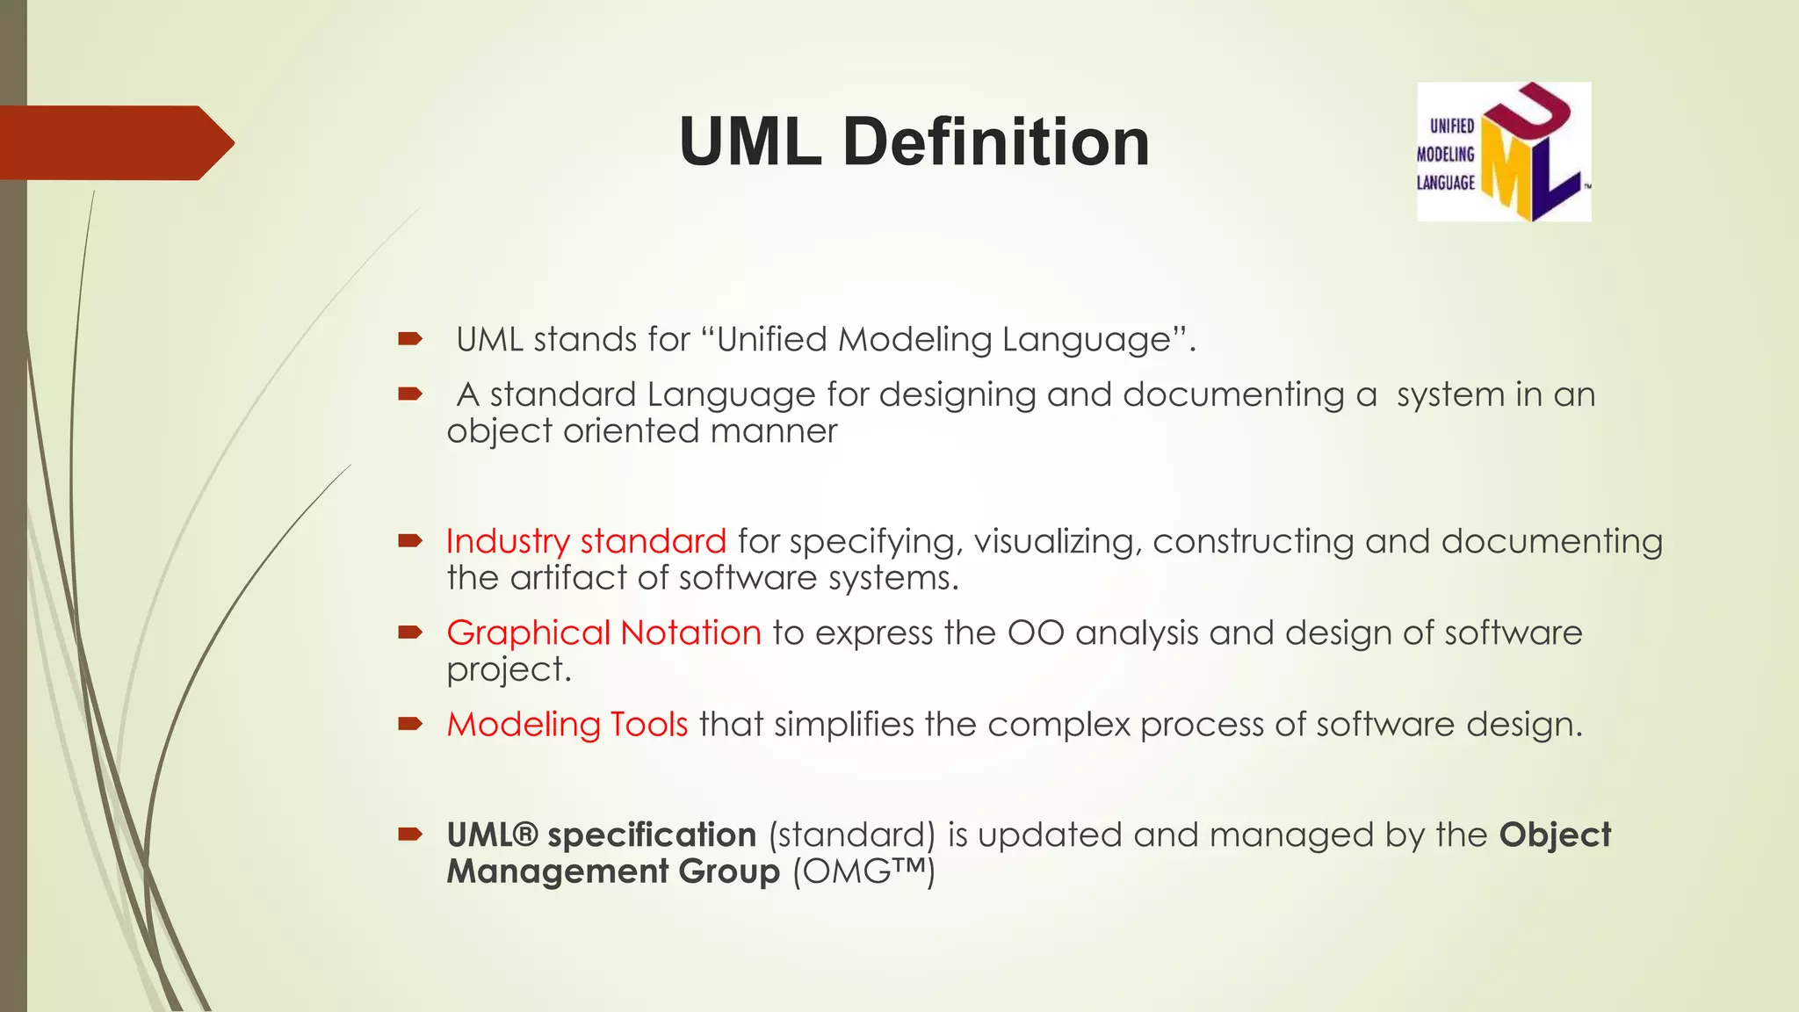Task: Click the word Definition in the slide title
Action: click(996, 141)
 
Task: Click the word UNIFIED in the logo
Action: click(1451, 126)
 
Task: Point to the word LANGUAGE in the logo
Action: click(1445, 183)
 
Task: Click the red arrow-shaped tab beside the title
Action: click(114, 142)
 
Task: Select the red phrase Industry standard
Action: click(586, 541)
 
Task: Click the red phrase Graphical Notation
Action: click(603, 632)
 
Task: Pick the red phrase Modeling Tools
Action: click(567, 725)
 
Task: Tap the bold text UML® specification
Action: click(601, 835)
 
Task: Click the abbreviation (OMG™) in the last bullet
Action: click(863, 871)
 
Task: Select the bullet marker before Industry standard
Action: click(410, 541)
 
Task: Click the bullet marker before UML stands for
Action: click(410, 339)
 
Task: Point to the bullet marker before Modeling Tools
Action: click(410, 725)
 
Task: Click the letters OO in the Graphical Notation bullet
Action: click(1036, 632)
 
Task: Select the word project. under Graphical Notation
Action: click(509, 670)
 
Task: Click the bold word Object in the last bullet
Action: click(1555, 835)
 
